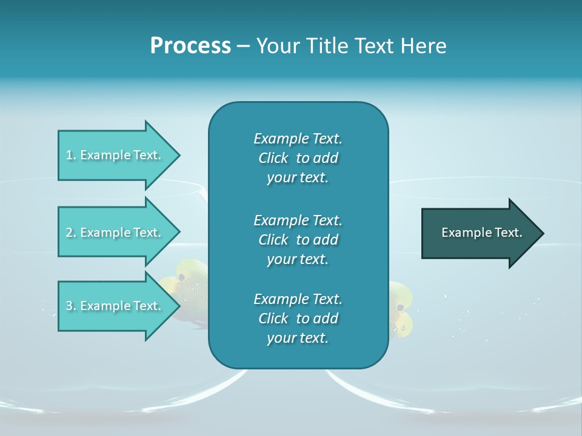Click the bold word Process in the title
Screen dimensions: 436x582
190,46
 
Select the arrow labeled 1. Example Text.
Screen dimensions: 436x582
115,155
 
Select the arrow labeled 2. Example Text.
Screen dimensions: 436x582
115,233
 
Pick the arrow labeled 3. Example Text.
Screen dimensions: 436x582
115,306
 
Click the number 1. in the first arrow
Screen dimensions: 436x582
71,155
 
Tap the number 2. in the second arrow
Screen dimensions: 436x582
71,233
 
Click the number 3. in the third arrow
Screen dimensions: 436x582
71,306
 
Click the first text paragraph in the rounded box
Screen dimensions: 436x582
298,158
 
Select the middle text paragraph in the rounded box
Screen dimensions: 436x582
298,239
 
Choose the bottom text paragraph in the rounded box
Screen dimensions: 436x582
298,319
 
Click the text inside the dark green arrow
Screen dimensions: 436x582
482,233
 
